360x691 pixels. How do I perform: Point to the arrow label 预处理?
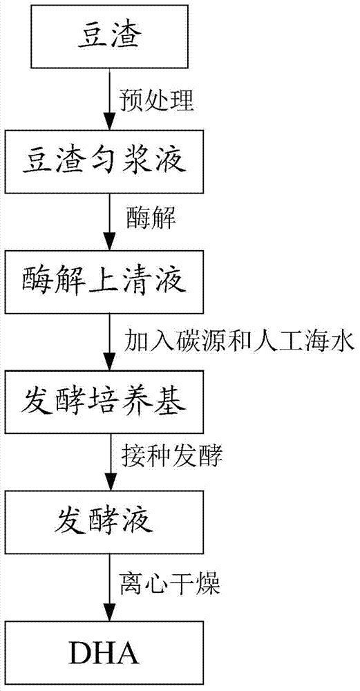point(156,101)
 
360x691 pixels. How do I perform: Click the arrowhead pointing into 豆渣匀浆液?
point(108,121)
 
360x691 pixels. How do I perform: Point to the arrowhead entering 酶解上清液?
point(108,241)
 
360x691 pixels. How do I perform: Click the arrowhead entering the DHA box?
point(108,613)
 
